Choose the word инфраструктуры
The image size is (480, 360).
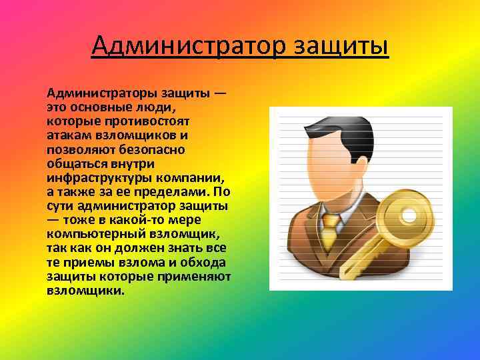[x=98, y=178]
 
